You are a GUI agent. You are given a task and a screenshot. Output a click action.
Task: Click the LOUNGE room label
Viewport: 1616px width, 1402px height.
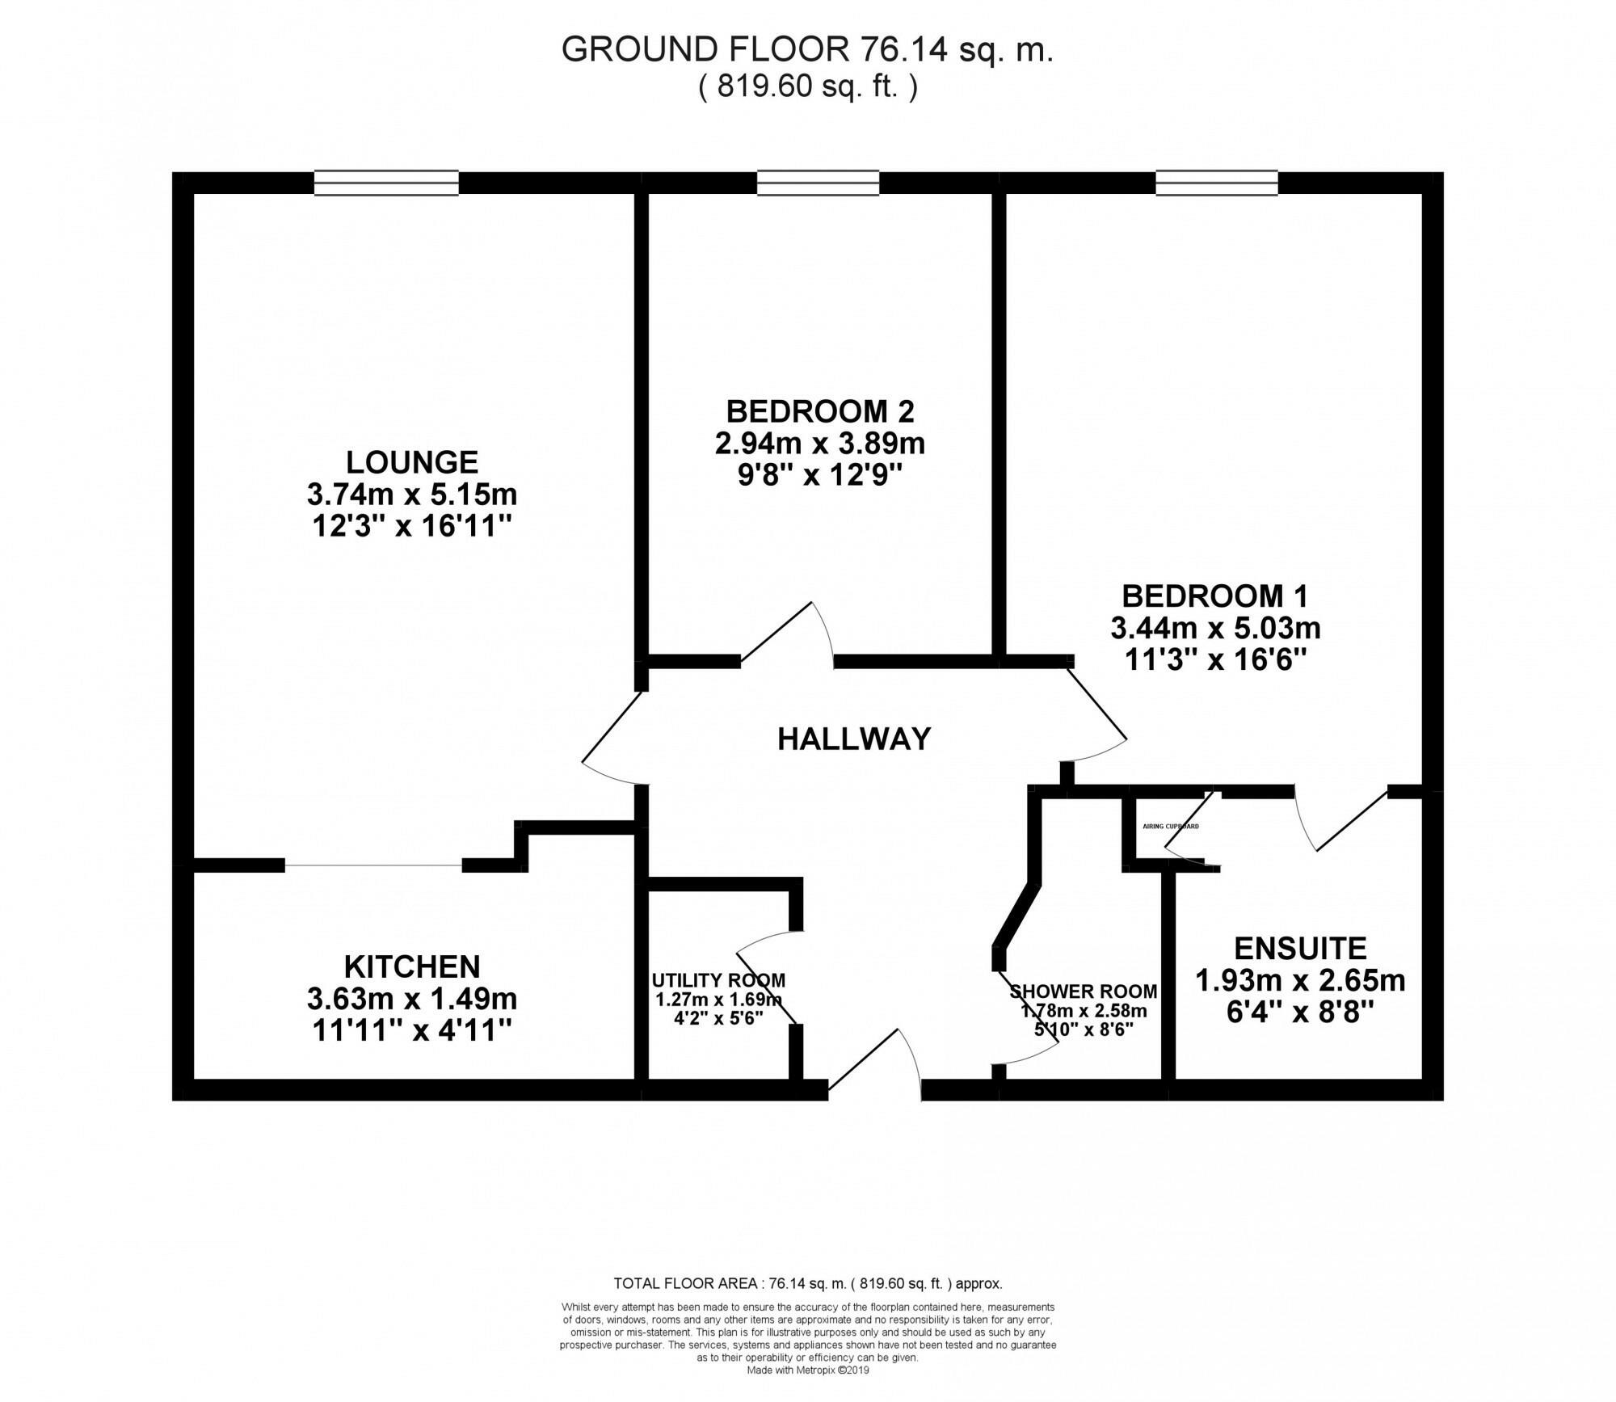coord(412,462)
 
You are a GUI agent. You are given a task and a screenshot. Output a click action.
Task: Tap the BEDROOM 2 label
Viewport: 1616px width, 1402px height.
coord(819,411)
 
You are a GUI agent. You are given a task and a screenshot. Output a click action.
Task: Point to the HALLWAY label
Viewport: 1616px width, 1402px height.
coord(854,739)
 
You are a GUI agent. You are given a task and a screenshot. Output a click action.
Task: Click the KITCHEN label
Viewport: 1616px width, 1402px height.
coord(412,966)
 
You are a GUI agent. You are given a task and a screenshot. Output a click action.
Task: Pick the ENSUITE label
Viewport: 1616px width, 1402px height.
coord(1300,947)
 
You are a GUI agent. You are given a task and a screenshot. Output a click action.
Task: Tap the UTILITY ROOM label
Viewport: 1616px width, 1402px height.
coord(718,980)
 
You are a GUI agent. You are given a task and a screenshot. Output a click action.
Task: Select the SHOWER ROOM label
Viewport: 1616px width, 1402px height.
coord(1083,991)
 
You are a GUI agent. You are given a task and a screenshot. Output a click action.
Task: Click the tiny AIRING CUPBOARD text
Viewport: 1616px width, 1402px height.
coord(1171,827)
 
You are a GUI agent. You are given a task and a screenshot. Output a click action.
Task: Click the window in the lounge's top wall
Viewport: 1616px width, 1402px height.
coord(386,183)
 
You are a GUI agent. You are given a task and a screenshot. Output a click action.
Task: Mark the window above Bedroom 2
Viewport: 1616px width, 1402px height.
coord(818,183)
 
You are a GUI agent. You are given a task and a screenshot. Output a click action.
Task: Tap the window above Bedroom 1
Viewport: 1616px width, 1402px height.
coord(1216,183)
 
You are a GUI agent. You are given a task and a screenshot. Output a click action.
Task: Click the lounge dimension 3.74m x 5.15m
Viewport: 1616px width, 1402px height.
coord(412,494)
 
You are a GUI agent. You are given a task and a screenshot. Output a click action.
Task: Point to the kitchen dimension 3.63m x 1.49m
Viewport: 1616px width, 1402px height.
coord(412,999)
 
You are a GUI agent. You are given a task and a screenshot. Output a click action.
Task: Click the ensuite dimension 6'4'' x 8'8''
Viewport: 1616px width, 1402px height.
coord(1300,1013)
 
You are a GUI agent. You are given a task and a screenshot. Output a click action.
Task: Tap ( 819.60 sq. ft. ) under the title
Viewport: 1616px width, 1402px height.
coord(808,86)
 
